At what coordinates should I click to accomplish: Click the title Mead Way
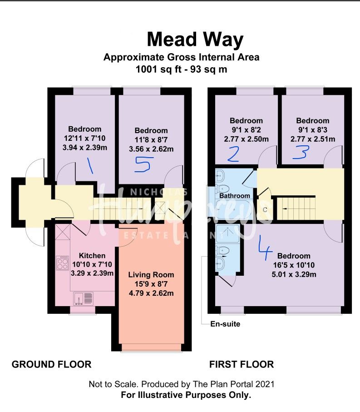click(x=195, y=40)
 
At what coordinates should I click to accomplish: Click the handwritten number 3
click(x=300, y=153)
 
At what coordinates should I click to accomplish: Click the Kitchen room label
click(x=92, y=256)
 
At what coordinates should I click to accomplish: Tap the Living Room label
click(x=151, y=275)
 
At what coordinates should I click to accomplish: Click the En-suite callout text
click(x=225, y=324)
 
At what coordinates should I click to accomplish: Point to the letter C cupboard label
click(x=266, y=210)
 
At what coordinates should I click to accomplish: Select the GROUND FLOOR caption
click(x=51, y=364)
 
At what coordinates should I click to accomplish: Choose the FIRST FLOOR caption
click(x=241, y=364)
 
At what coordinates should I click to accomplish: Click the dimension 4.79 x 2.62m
click(x=151, y=293)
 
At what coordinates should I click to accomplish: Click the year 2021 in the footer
click(x=265, y=384)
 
